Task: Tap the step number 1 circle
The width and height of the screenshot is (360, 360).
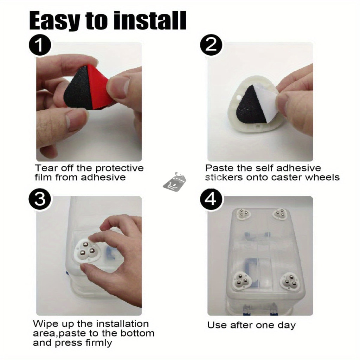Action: tap(40, 45)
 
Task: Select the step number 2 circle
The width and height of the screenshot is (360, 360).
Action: tap(211, 45)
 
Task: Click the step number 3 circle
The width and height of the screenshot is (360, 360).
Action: tap(40, 199)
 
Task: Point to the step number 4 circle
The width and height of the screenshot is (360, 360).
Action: tap(211, 199)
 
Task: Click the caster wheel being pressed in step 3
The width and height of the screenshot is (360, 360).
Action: tap(86, 250)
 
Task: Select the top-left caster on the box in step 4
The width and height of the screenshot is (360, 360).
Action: tap(243, 214)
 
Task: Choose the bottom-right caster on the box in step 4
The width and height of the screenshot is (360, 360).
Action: tap(290, 281)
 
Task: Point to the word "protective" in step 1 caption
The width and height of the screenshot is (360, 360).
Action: tap(120, 168)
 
